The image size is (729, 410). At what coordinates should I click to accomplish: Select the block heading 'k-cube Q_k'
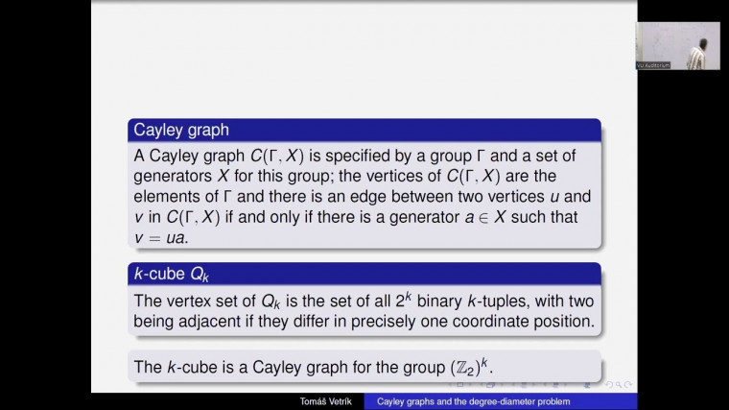click(x=171, y=275)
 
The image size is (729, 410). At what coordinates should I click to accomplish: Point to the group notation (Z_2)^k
click(x=494, y=366)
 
